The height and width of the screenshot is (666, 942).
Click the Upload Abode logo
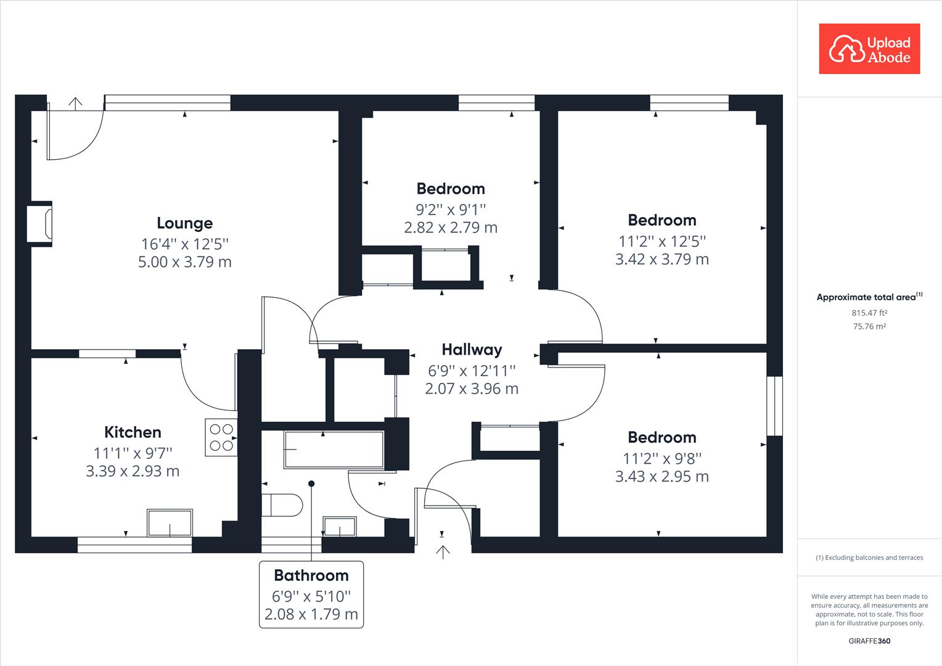click(869, 49)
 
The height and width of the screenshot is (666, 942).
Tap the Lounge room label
click(184, 223)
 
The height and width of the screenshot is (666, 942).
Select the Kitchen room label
click(133, 432)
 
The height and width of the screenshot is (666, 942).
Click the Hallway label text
click(472, 350)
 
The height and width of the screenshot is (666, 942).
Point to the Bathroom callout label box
click(311, 594)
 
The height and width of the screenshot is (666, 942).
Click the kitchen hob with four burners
click(221, 437)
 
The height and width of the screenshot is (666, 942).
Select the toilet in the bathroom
click(282, 505)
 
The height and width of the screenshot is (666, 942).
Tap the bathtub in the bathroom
click(334, 450)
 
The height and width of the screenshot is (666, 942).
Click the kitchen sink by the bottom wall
click(170, 522)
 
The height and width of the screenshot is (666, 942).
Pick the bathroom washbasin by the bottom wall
click(340, 527)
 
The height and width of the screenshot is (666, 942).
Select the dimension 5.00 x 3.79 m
click(184, 262)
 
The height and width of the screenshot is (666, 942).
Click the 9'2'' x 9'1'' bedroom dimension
click(451, 209)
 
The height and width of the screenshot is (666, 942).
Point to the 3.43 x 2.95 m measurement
click(661, 477)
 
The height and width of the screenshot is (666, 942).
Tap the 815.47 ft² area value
click(869, 313)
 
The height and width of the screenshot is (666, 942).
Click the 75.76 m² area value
click(869, 327)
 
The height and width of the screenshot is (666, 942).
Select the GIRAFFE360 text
click(869, 641)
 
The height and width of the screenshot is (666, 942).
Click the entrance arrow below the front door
click(442, 551)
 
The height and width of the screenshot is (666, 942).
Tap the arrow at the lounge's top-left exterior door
click(75, 103)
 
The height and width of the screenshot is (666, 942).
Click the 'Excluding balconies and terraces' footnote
click(869, 557)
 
